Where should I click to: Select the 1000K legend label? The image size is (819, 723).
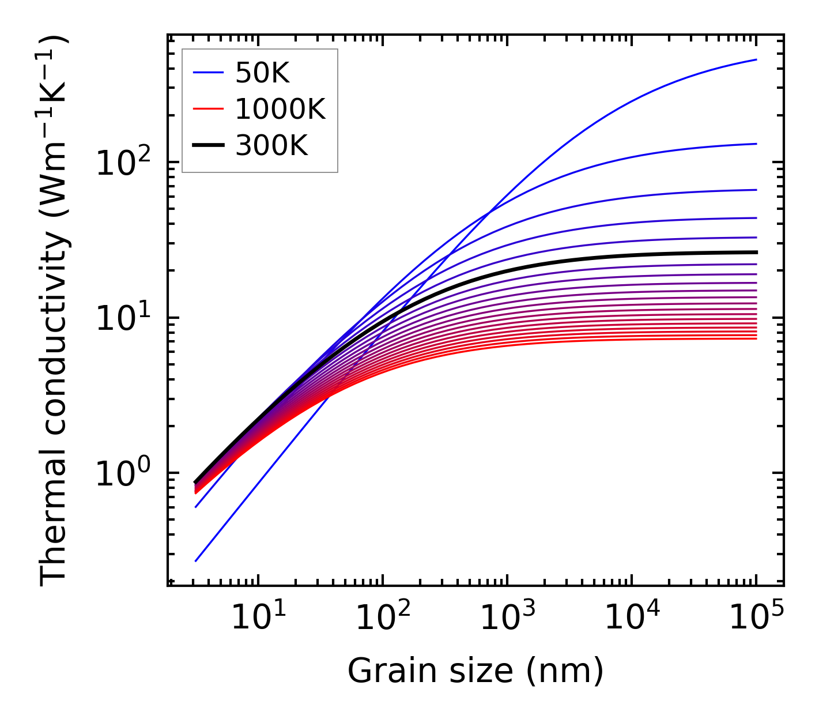pyautogui.click(x=280, y=109)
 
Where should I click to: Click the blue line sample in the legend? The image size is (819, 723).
pyautogui.click(x=207, y=73)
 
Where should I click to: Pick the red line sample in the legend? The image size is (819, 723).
pyautogui.click(x=207, y=109)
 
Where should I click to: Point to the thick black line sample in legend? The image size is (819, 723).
pyautogui.click(x=207, y=146)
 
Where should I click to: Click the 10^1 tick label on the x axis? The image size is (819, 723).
pyautogui.click(x=257, y=618)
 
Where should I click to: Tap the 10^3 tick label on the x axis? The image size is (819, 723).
pyautogui.click(x=506, y=618)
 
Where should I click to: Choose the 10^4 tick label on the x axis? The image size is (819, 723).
pyautogui.click(x=631, y=618)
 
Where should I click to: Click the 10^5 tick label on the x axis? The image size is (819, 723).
pyautogui.click(x=756, y=618)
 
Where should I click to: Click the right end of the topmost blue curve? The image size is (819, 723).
pyautogui.click(x=756, y=60)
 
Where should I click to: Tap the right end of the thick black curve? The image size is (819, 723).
pyautogui.click(x=756, y=252)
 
